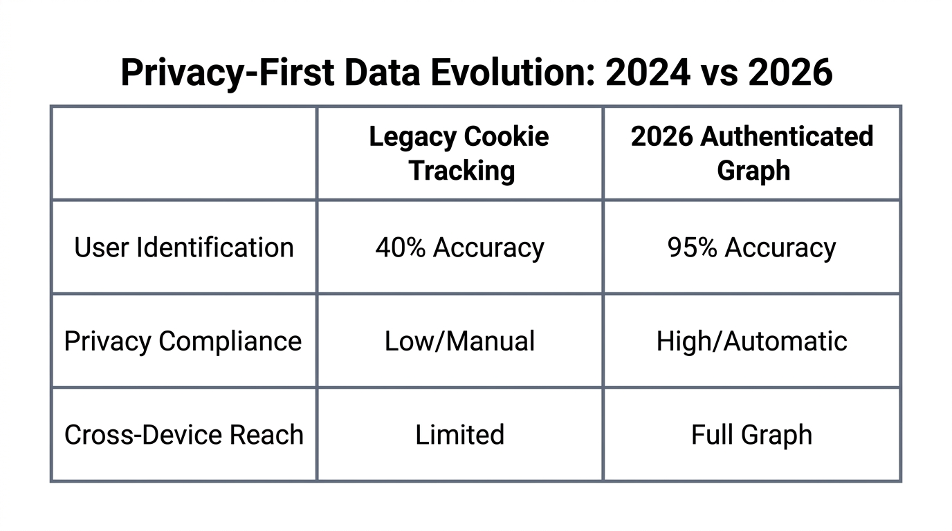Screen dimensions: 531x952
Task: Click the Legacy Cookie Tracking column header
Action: pyautogui.click(x=459, y=153)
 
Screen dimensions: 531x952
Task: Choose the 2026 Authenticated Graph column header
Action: pyautogui.click(x=752, y=153)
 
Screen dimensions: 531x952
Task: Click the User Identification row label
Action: pyautogui.click(x=184, y=248)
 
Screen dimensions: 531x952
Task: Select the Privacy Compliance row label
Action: pyautogui.click(x=183, y=342)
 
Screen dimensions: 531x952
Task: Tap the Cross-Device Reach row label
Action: pyautogui.click(x=184, y=435)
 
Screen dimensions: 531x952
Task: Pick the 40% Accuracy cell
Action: pyautogui.click(x=459, y=248)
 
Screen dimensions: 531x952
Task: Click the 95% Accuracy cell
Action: pyautogui.click(x=752, y=248)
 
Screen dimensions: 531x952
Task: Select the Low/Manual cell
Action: pyautogui.click(x=459, y=342)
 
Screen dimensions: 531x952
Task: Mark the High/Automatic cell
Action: pyautogui.click(x=752, y=342)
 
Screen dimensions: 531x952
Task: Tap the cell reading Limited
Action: pyautogui.click(x=459, y=435)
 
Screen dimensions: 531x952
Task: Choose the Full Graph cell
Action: pyautogui.click(x=752, y=435)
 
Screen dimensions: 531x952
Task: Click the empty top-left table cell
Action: pyautogui.click(x=184, y=153)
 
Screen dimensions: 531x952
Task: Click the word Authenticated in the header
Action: pyautogui.click(x=787, y=137)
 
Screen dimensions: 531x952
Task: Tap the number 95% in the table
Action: pyautogui.click(x=692, y=248)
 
